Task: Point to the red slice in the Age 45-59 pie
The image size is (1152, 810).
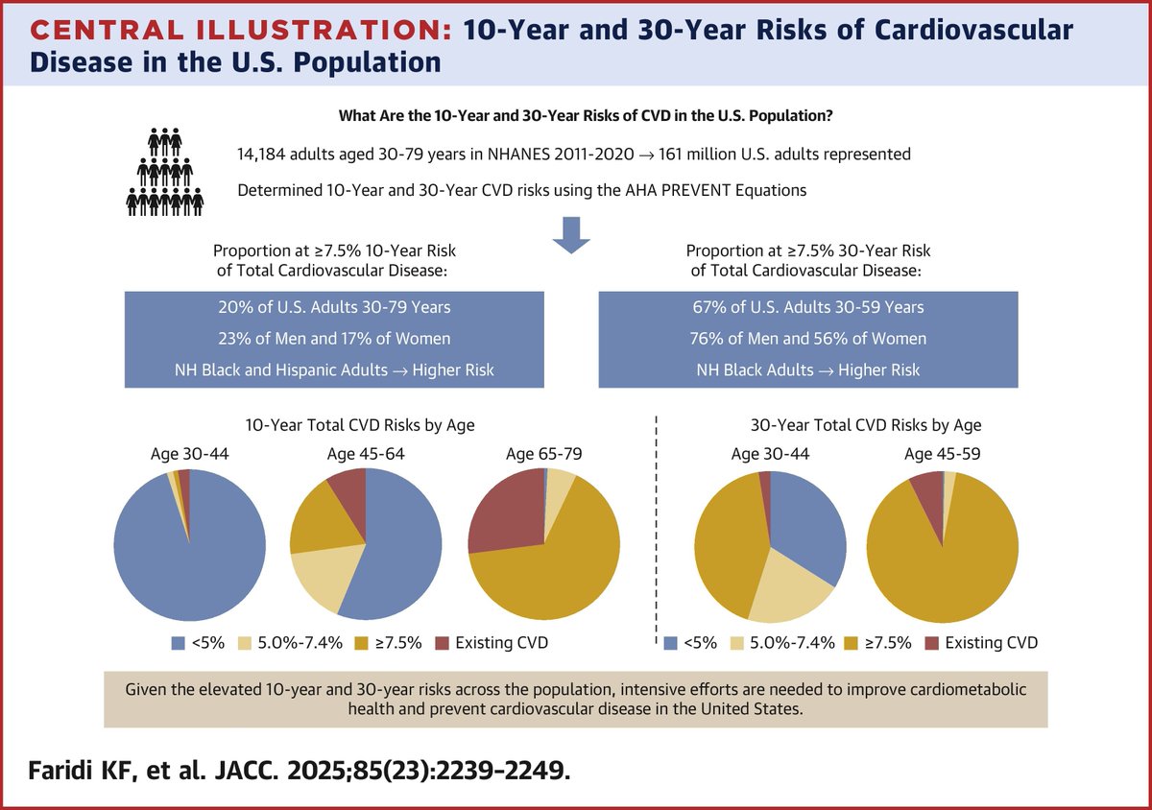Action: pos(927,489)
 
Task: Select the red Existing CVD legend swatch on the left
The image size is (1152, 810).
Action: pos(442,642)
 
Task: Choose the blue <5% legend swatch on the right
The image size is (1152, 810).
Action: pos(669,642)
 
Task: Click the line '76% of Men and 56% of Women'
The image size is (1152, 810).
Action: pos(808,339)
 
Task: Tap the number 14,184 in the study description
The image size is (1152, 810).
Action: pos(265,153)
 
